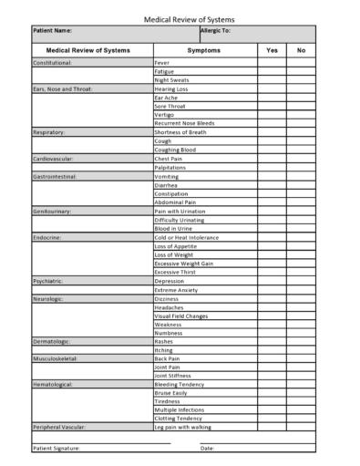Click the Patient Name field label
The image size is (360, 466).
click(56, 31)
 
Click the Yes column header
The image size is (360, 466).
click(272, 50)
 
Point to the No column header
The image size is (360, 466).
click(302, 50)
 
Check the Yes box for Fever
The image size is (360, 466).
click(272, 63)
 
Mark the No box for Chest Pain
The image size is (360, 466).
click(302, 159)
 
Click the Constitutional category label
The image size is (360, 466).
click(52, 63)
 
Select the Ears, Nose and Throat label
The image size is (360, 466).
click(63, 89)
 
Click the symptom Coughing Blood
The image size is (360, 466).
click(175, 150)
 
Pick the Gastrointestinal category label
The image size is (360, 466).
click(55, 176)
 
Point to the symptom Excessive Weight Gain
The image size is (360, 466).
click(183, 263)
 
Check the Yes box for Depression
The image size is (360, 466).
click(272, 281)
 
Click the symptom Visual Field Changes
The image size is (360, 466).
click(180, 316)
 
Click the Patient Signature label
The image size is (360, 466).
click(57, 448)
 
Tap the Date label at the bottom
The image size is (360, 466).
click(207, 448)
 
